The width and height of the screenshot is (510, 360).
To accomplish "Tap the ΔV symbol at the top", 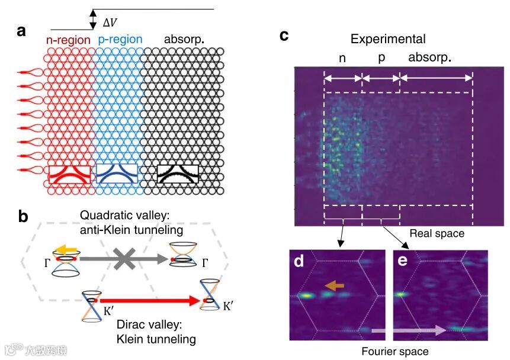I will [x=110, y=22].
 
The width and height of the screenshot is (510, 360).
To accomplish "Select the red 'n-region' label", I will [x=69, y=40].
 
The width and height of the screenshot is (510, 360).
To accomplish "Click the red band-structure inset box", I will [x=70, y=173].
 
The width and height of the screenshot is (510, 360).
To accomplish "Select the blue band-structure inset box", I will [x=117, y=173].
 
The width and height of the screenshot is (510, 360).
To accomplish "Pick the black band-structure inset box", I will [x=177, y=173].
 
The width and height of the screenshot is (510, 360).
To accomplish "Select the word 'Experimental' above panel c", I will [x=388, y=39].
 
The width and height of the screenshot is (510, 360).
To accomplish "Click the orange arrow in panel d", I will [x=333, y=286].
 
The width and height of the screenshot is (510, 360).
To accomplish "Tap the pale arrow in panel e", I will [x=409, y=330].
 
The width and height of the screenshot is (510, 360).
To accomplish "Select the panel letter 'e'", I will [x=404, y=261].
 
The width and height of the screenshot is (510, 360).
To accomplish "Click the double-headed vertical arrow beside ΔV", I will [x=92, y=19].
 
